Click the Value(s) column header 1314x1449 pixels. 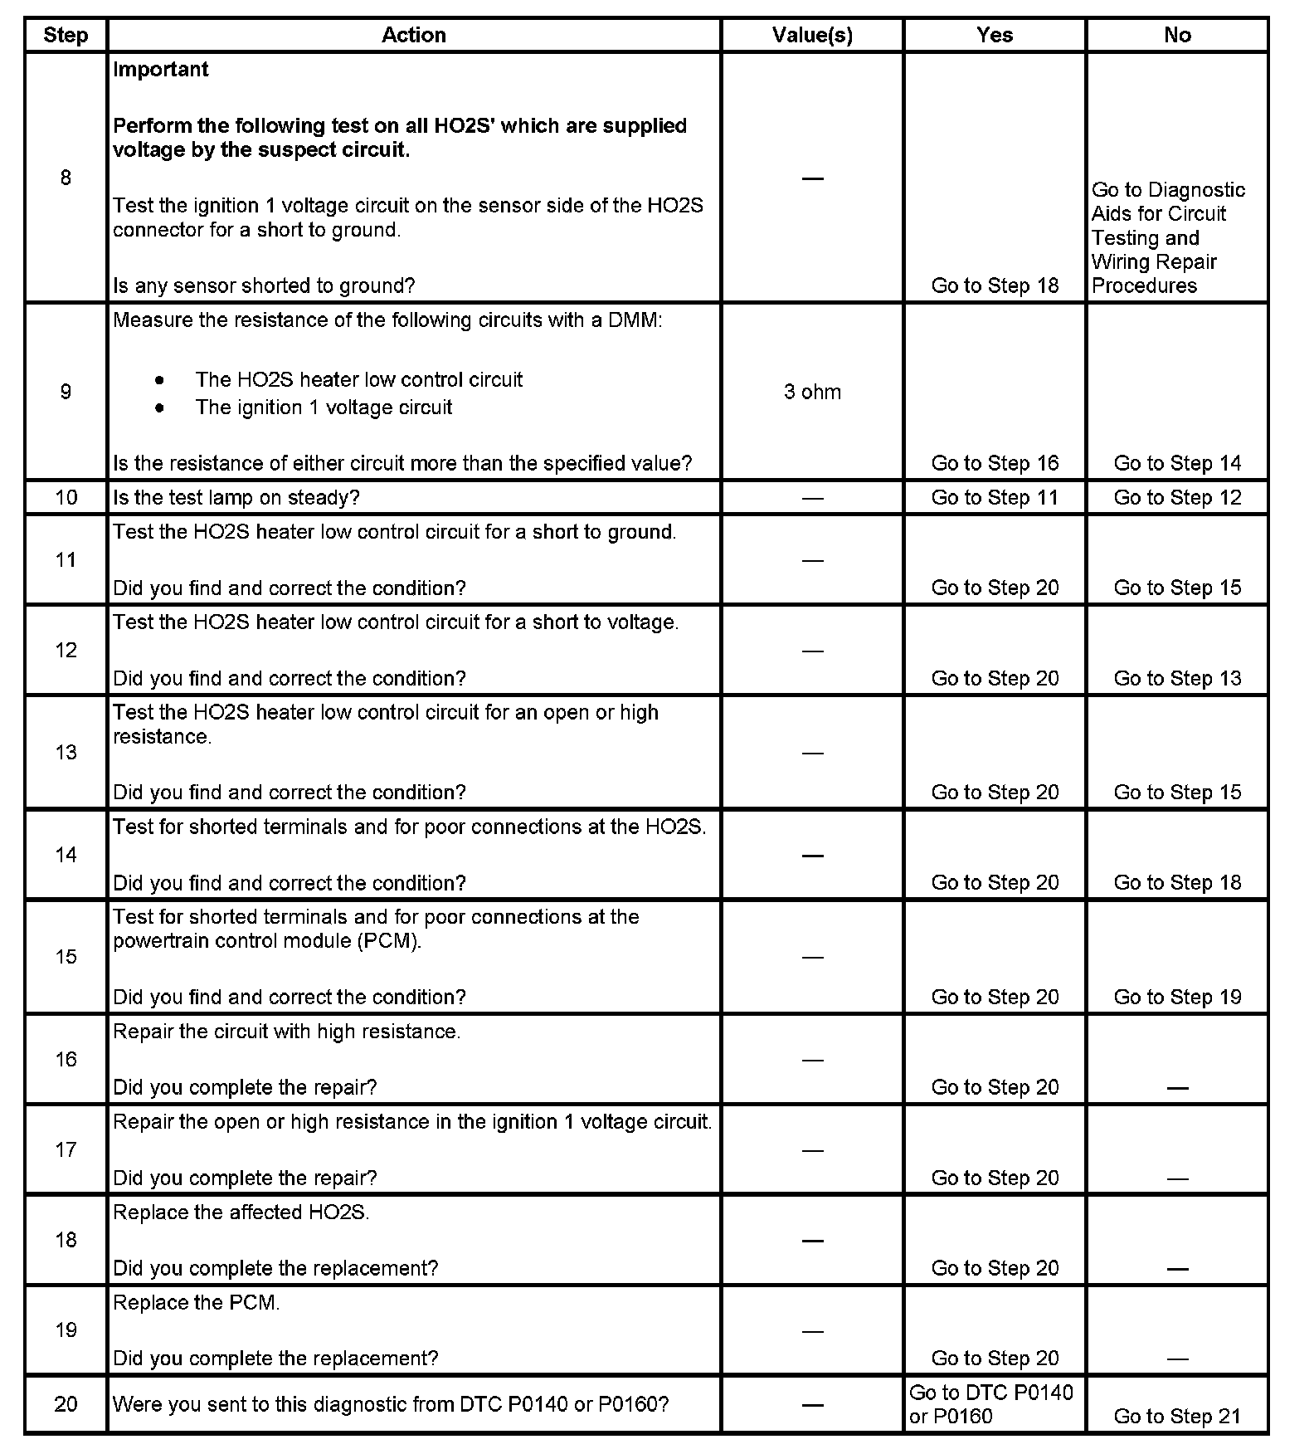click(x=812, y=35)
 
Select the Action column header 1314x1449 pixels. click(x=413, y=35)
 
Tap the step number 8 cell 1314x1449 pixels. click(x=66, y=178)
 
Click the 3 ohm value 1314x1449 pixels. click(x=812, y=392)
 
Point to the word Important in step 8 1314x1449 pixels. click(x=161, y=70)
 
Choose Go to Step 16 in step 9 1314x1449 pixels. click(x=995, y=463)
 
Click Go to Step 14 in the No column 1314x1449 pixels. click(x=1177, y=463)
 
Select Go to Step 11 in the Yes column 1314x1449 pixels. click(x=995, y=498)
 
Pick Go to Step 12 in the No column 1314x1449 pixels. click(x=1177, y=498)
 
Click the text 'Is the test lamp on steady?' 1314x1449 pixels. click(x=236, y=498)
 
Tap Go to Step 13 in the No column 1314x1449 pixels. click(x=1177, y=678)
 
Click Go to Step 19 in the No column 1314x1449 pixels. click(x=1177, y=997)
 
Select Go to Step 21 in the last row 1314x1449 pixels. click(x=1177, y=1416)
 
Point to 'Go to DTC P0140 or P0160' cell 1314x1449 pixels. click(x=991, y=1404)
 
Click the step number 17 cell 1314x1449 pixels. click(x=66, y=1149)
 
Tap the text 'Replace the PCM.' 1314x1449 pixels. click(x=197, y=1303)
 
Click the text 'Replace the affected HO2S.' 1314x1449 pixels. click(x=241, y=1212)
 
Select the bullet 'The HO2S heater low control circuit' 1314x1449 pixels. click(x=358, y=380)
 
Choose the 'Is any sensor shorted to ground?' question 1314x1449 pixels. click(x=264, y=285)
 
